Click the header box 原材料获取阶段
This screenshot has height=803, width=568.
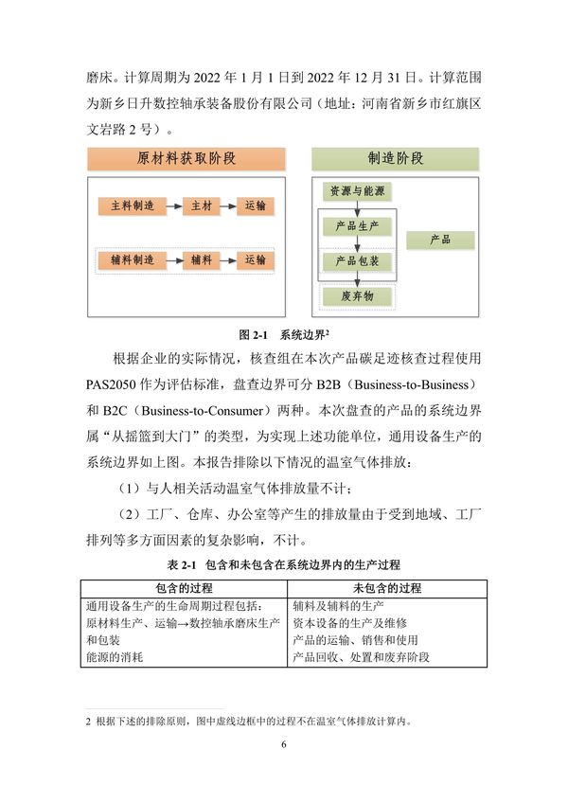coord(186,158)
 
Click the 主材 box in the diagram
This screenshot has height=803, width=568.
coord(202,205)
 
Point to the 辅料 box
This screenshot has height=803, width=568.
coord(202,259)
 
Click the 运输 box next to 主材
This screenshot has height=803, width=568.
coord(255,205)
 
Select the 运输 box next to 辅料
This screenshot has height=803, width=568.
coord(255,259)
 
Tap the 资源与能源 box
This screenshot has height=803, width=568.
coord(357,191)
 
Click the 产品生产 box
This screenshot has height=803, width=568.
coord(357,226)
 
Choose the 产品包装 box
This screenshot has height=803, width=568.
coord(357,260)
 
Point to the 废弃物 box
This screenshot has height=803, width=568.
coord(357,296)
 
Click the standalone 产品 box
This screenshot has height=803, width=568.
coord(440,241)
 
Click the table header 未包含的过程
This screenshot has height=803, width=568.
coord(387,588)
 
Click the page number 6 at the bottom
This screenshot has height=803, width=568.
coord(283,745)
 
